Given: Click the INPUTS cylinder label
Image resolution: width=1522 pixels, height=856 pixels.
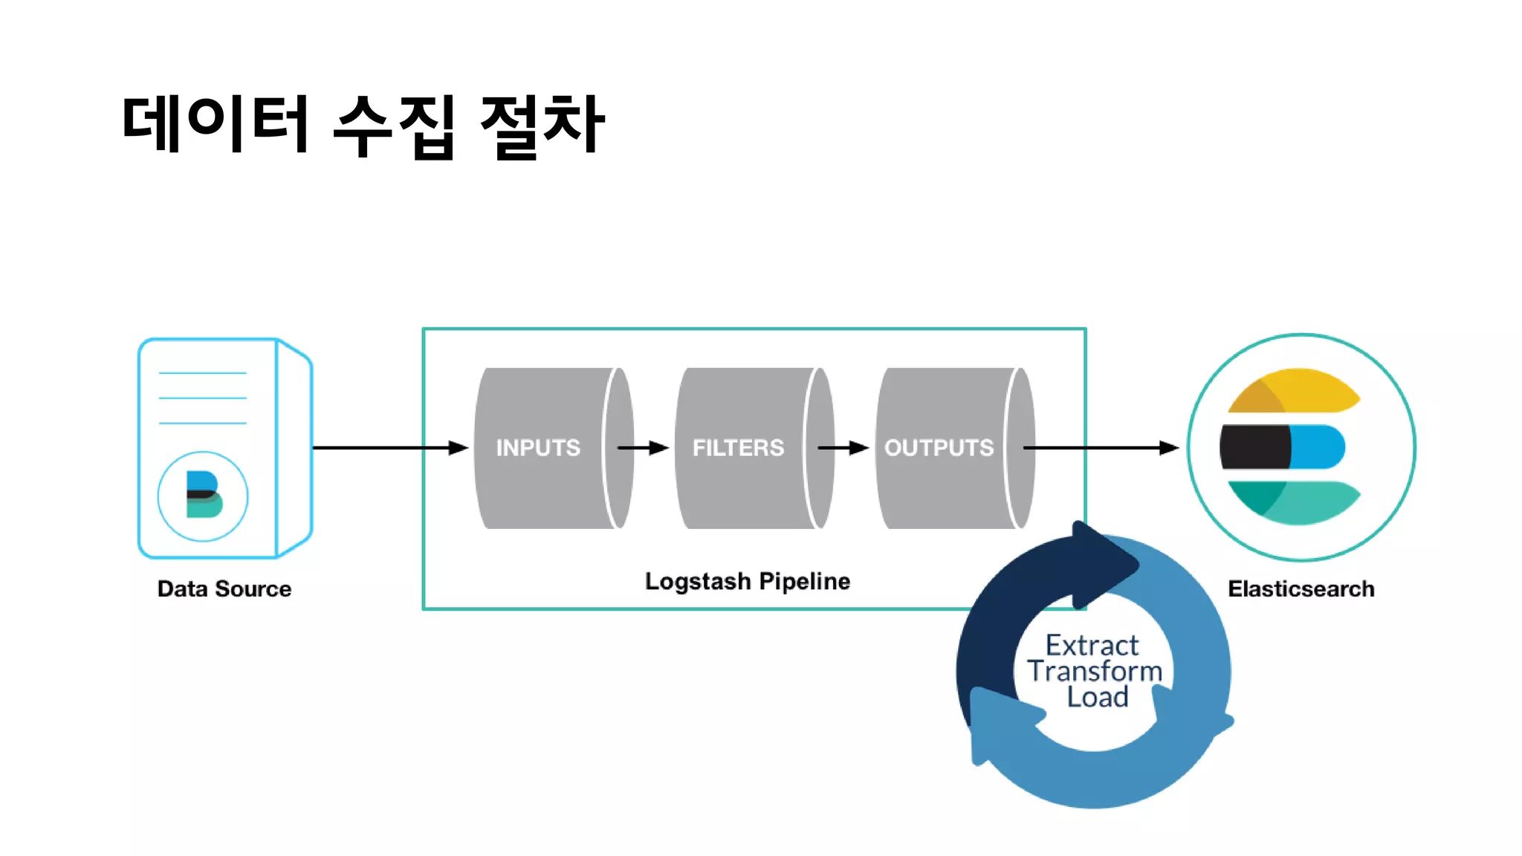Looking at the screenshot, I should click(538, 447).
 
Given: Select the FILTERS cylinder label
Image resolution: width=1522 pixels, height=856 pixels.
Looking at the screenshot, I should click(738, 447).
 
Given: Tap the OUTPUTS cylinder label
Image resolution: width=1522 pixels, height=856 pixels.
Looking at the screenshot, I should click(939, 447).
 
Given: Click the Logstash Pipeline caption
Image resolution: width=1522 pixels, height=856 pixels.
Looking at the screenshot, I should click(747, 581).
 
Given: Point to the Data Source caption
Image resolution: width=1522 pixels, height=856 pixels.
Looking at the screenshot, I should click(224, 589).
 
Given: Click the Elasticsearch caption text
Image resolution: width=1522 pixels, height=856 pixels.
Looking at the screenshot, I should click(1301, 589).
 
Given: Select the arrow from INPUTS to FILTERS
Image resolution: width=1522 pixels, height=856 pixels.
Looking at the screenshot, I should click(644, 447).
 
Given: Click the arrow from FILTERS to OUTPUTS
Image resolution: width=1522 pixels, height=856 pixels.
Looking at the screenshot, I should click(843, 447).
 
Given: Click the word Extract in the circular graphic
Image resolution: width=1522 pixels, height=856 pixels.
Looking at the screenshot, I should click(1092, 645).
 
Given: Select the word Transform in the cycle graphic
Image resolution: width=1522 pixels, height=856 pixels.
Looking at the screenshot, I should click(1095, 671).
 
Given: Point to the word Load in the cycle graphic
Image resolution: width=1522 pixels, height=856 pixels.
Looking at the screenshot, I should click(1098, 697).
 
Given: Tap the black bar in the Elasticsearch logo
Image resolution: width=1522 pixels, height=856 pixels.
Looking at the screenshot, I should click(1254, 447).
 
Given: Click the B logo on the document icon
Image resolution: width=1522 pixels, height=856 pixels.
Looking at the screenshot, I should click(203, 496).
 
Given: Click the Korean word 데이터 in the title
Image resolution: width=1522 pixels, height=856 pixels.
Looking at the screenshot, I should click(216, 124).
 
